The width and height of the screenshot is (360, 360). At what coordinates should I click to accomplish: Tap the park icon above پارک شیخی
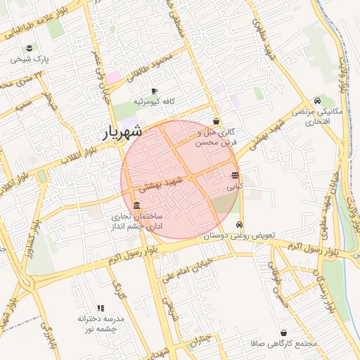pyautogui.click(x=29, y=48)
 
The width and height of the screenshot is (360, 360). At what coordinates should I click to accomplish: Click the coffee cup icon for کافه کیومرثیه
pyautogui.click(x=154, y=91)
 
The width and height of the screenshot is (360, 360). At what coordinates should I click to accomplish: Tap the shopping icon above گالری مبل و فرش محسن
pyautogui.click(x=216, y=120)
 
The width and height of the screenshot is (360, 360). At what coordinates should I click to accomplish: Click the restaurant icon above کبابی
pyautogui.click(x=234, y=176)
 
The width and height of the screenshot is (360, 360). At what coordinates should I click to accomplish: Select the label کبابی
pyautogui.click(x=234, y=188)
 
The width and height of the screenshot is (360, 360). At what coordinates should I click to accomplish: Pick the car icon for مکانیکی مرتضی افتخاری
pyautogui.click(x=318, y=101)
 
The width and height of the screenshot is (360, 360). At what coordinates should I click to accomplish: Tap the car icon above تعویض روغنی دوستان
pyautogui.click(x=239, y=224)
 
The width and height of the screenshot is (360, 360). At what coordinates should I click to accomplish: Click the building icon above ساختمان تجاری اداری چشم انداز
pyautogui.click(x=136, y=205)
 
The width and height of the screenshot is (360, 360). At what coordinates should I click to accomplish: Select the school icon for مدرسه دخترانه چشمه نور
pyautogui.click(x=101, y=308)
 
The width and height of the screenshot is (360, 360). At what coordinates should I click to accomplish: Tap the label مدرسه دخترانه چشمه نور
pyautogui.click(x=101, y=324)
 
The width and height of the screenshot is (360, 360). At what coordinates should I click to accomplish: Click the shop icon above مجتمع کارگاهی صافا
pyautogui.click(x=283, y=333)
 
